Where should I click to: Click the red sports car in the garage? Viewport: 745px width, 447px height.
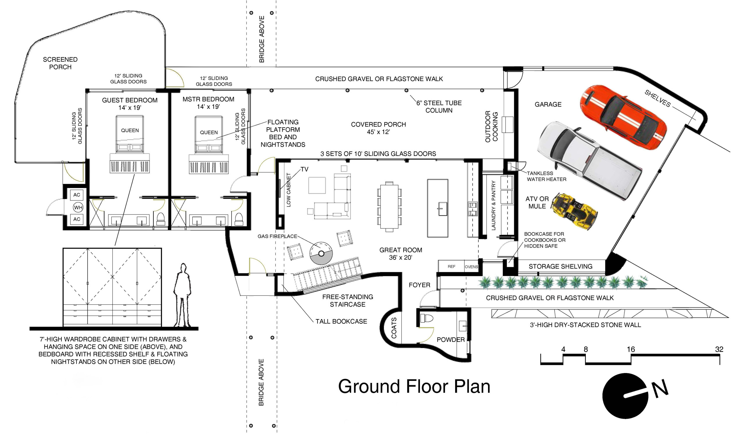(623, 117)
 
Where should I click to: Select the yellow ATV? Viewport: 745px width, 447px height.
(574, 211)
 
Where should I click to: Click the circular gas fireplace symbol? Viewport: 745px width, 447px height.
(321, 253)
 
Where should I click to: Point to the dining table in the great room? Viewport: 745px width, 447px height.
(389, 206)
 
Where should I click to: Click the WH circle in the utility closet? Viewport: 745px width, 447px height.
(78, 207)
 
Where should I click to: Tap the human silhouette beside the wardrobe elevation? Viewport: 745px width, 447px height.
(182, 295)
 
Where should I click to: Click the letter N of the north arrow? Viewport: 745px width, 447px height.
(660, 388)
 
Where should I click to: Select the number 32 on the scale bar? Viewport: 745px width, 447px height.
(719, 349)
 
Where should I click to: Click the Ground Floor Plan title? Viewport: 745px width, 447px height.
(414, 386)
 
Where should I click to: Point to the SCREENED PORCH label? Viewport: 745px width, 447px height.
(60, 63)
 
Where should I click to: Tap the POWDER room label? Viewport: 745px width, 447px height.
(450, 340)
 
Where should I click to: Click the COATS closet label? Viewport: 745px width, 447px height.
(394, 328)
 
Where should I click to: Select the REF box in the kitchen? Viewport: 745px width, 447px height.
(451, 266)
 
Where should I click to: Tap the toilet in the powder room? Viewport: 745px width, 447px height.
(427, 318)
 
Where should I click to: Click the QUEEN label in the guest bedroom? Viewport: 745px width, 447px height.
(130, 131)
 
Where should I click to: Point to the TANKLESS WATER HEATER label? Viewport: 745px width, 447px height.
(547, 176)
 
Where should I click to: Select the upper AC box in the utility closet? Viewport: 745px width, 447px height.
(77, 195)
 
